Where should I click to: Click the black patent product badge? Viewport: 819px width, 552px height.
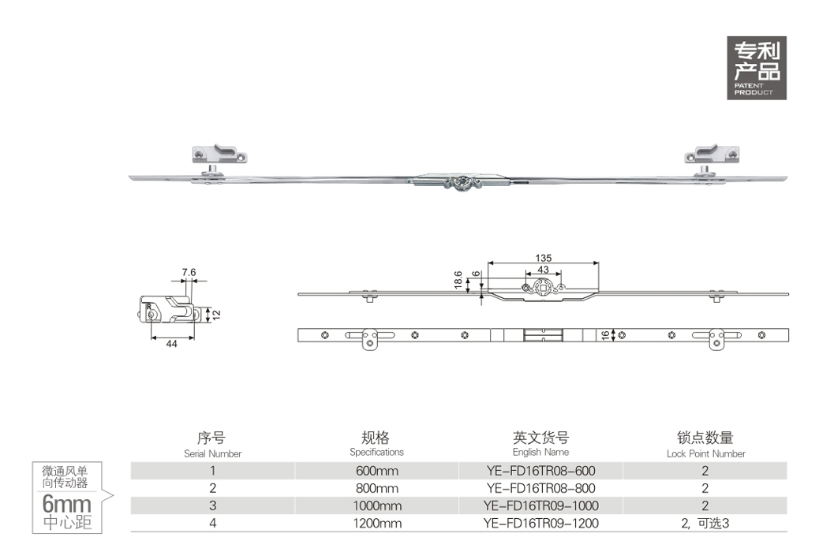756,68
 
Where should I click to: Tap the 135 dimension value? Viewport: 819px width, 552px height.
543,258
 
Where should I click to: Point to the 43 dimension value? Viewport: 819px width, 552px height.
543,270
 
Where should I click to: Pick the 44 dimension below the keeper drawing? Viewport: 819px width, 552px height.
171,344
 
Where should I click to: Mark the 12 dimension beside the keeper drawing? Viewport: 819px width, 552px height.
216,315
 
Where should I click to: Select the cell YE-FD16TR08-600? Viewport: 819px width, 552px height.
540,471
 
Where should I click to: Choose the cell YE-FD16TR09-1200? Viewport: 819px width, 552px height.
540,523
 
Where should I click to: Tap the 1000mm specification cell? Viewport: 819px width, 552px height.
378,505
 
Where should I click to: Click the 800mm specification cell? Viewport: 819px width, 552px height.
377,488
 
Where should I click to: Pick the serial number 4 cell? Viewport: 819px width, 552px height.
212,523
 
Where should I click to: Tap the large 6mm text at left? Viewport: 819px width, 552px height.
67,503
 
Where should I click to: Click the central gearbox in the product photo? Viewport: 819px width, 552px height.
460,183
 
